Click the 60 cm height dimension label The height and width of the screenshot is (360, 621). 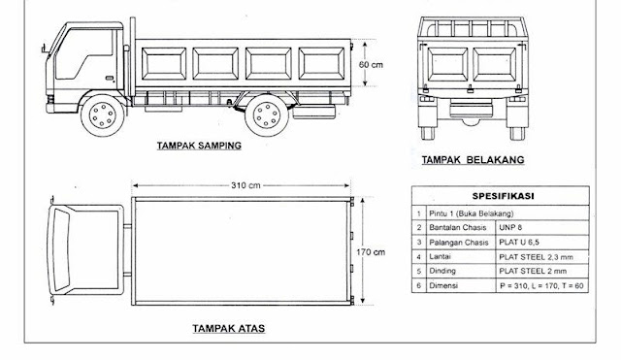coord(371,64)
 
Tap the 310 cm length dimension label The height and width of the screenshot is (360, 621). coord(245,185)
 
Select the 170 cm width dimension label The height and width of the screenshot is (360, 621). coord(371,252)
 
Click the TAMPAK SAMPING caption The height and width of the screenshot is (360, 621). coord(199,146)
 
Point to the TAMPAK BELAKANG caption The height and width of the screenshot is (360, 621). coord(473,160)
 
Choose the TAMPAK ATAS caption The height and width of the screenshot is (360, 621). coord(229,328)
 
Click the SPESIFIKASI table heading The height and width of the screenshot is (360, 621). coord(503,196)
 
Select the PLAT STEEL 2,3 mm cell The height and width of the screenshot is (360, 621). coord(536,257)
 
